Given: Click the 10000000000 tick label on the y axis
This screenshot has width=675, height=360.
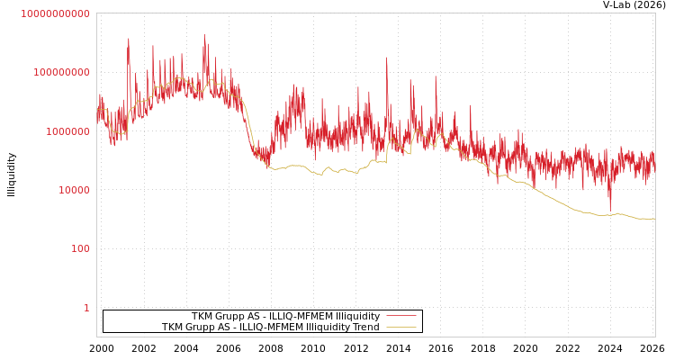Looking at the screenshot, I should pos(55,14).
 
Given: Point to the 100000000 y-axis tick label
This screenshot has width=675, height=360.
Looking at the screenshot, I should pos(61,73).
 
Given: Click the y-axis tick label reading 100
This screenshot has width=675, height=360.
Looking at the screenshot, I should pos(79,249).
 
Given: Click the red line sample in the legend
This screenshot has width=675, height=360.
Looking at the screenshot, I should pos(401,317).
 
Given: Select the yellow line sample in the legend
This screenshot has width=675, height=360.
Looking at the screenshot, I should pos(401,328).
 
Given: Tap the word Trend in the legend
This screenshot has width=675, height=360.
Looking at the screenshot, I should pos(365,328).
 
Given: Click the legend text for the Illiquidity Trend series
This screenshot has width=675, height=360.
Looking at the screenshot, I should pos(271,328).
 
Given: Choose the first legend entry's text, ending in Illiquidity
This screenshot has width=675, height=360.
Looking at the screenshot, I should pos(285,317).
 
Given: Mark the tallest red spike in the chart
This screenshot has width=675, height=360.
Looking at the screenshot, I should pos(204,36).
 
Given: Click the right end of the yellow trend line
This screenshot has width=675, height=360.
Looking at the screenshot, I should pos(654,219).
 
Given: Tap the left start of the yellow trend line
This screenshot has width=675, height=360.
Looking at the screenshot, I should pos(98,110).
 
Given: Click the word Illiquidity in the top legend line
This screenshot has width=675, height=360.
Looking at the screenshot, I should pos(357,317).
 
